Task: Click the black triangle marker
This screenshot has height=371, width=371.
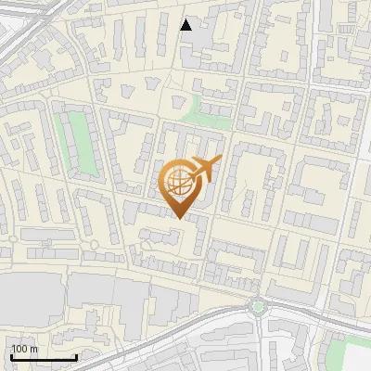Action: point(186,25)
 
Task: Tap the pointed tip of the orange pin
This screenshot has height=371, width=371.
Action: point(178,217)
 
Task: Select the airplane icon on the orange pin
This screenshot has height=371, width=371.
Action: point(204,169)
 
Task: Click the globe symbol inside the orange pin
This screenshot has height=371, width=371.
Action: point(177,181)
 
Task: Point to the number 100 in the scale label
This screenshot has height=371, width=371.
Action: point(19,349)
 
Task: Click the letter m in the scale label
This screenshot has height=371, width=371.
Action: point(32,349)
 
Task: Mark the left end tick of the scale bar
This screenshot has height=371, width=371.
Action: point(11,357)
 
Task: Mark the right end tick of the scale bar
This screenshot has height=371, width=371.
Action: point(76,357)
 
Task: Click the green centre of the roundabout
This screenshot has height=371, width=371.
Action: point(258,305)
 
